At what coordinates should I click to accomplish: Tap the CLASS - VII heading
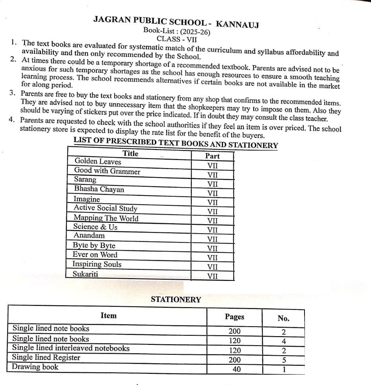pos(177,39)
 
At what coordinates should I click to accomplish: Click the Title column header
pos(130,153)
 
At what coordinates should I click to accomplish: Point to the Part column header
pos(212,156)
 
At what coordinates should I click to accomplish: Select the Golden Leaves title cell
pos(98,161)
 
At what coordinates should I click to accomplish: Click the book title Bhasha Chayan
pos(99,189)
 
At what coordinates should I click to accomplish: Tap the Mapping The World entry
pos(106,218)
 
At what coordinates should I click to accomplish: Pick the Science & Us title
pos(95,227)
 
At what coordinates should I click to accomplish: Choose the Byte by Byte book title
pos(94,245)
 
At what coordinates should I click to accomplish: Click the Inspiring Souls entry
pos(97,264)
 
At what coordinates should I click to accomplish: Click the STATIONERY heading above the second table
pos(176,300)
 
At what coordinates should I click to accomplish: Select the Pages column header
pos(234,317)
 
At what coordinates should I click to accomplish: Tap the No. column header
pos(283,318)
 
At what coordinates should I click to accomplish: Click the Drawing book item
pos(35,367)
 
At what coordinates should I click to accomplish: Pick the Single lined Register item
pos(46,357)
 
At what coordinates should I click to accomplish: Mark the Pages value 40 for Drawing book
pos(236,370)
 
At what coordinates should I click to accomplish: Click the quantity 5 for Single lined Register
pos(284,360)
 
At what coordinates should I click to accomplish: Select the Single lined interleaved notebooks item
pos(71,348)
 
